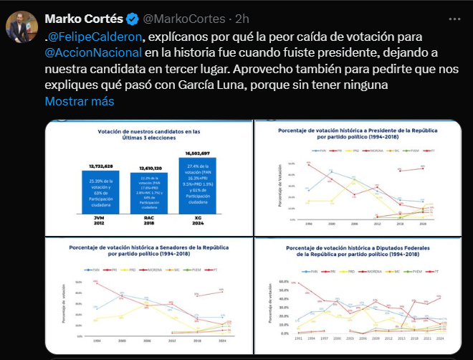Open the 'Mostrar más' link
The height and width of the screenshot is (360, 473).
(x=80, y=101)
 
